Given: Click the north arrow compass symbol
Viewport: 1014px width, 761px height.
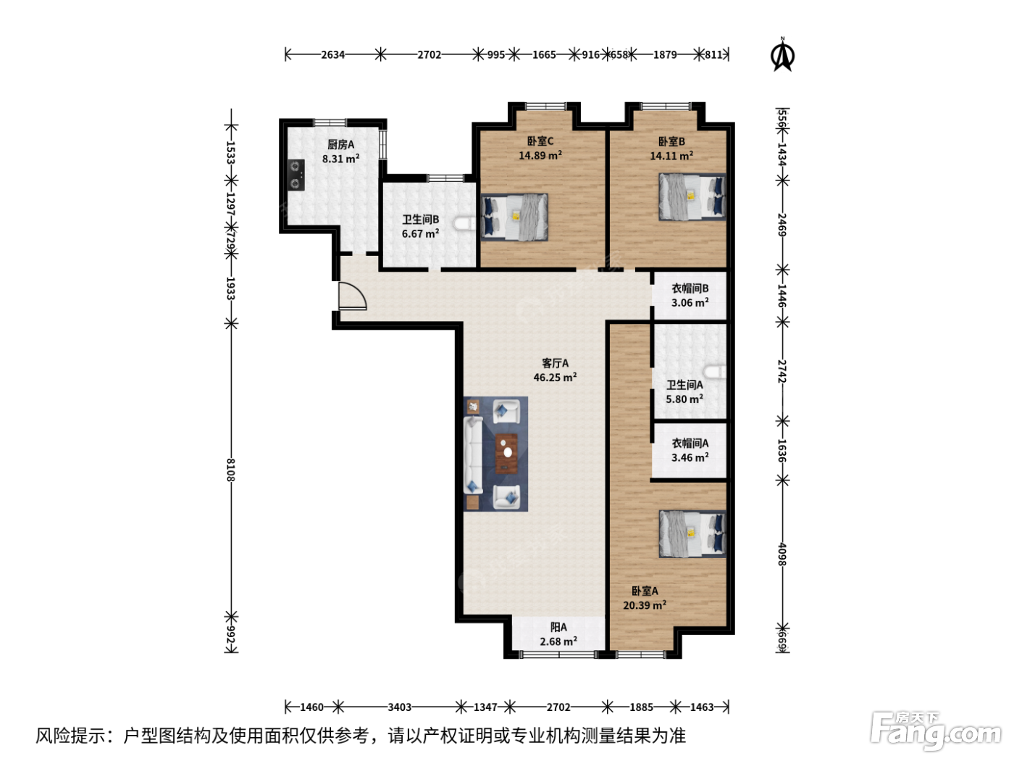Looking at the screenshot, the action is (782, 54).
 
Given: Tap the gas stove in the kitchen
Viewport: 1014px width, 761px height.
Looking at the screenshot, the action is (296, 175).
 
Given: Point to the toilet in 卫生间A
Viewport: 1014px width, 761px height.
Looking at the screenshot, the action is (715, 372).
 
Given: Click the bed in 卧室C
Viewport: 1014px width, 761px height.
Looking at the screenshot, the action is (514, 217).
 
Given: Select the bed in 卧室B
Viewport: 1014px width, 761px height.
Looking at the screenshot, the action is (692, 197).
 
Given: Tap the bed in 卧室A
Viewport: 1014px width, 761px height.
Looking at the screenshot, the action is (692, 533).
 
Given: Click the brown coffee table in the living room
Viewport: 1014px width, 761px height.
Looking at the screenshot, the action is (507, 454).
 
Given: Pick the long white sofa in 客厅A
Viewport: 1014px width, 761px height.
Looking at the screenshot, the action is (473, 455).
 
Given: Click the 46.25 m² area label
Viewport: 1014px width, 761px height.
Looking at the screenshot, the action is (555, 377).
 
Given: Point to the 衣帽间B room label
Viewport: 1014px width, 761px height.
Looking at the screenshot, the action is (690, 288).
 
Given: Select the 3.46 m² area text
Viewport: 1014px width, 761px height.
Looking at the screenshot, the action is (690, 457).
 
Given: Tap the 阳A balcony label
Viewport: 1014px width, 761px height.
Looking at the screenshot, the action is (558, 627).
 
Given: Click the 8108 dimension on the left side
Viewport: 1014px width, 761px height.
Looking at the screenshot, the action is (231, 470).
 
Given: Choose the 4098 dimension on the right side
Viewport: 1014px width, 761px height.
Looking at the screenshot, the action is (782, 554).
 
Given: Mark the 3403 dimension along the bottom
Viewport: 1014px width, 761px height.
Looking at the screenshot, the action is (399, 707).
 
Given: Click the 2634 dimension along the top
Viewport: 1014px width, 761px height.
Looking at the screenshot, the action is (332, 54).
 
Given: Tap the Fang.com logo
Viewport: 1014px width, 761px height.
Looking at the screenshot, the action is (936, 731).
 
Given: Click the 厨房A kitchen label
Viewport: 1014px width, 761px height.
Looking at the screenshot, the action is (340, 145).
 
